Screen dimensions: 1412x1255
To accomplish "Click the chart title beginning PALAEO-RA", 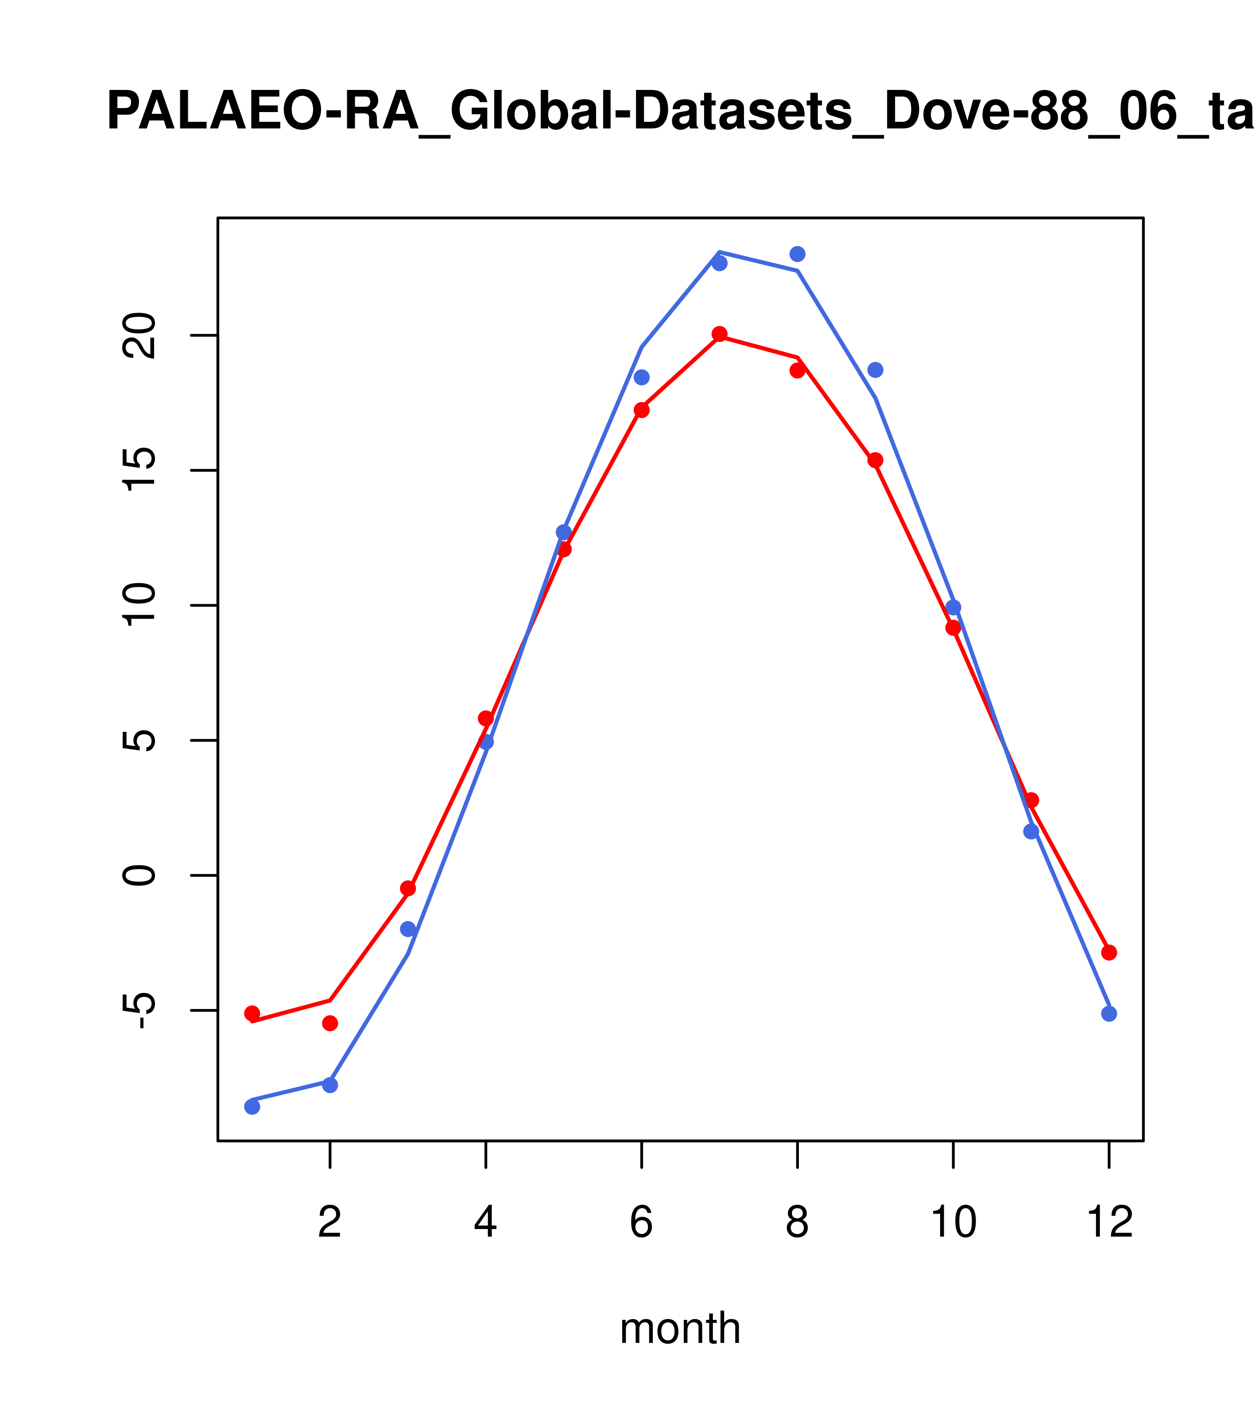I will (680, 112).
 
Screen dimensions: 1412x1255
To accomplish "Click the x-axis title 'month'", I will (680, 1328).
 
